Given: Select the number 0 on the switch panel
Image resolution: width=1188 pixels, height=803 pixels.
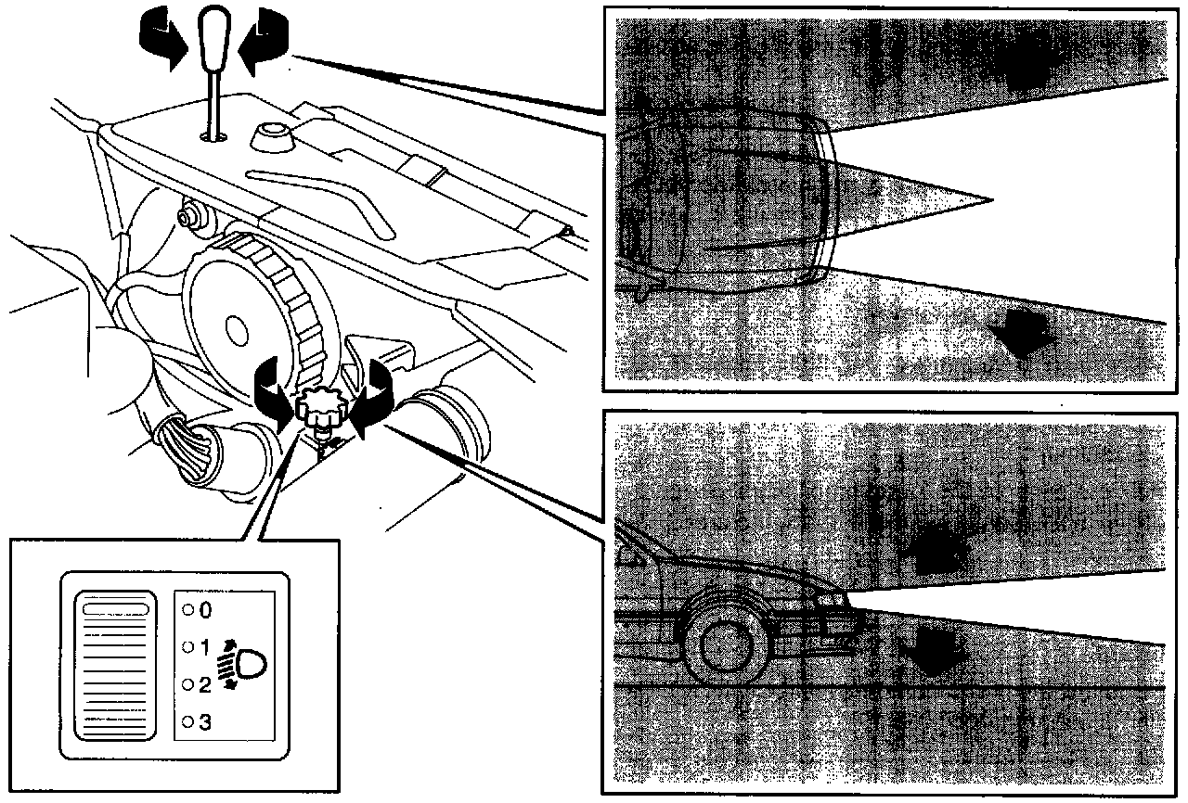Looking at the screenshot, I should coord(205,610).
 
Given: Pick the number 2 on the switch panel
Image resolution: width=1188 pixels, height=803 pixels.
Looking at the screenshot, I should coord(205,685).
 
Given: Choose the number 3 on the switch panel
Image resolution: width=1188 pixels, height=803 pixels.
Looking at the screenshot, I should coord(205,721).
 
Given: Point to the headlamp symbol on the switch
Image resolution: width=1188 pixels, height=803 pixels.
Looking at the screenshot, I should coord(242,664).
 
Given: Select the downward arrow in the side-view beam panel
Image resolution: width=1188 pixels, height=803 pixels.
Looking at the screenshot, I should coord(932,651).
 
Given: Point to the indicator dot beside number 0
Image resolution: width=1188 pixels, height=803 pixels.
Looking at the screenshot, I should coord(187,610).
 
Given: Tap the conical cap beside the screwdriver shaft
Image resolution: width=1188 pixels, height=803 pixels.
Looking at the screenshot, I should coord(272,136).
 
